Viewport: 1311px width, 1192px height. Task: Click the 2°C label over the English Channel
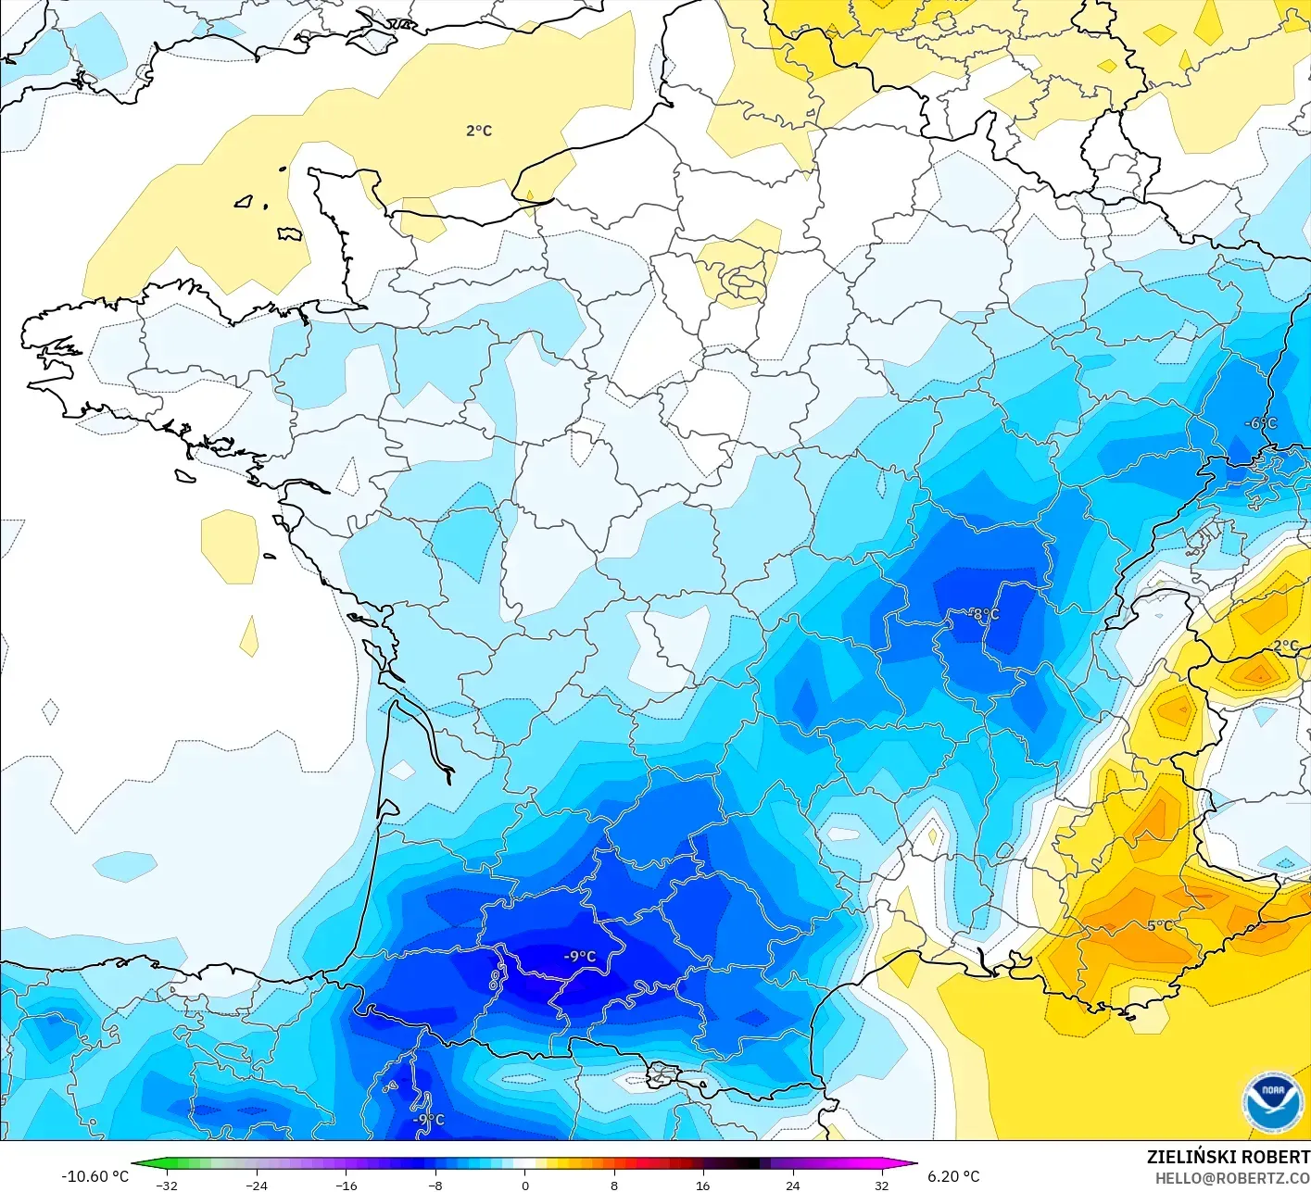[x=479, y=132]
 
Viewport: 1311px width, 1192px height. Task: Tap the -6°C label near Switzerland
[x=1260, y=423]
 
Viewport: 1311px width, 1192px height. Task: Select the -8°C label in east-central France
[x=984, y=614]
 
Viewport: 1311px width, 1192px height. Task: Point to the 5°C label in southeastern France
[x=1160, y=925]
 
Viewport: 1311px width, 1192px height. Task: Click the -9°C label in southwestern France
[x=580, y=957]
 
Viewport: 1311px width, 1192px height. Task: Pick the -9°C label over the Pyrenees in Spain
[x=428, y=1120]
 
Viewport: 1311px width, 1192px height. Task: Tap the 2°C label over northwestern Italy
[x=1285, y=646]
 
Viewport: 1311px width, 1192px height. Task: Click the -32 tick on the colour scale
[x=167, y=1185]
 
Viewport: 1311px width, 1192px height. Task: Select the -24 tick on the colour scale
[x=257, y=1185]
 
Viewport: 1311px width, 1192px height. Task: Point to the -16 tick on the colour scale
[x=346, y=1185]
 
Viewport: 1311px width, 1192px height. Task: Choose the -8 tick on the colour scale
[x=435, y=1185]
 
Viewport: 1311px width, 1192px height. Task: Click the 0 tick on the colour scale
[x=525, y=1185]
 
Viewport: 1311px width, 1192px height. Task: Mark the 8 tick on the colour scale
[x=614, y=1185]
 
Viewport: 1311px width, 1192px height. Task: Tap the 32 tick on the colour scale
[x=882, y=1185]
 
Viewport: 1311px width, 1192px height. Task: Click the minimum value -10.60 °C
[x=95, y=1176]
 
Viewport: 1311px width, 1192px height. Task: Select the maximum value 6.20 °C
[x=954, y=1176]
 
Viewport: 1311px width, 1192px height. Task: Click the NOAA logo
[x=1272, y=1102]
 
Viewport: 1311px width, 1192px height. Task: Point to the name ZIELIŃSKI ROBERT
[x=1228, y=1157]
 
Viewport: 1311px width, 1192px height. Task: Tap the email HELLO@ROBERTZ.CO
[x=1232, y=1178]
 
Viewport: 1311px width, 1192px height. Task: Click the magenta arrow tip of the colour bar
[x=912, y=1164]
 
